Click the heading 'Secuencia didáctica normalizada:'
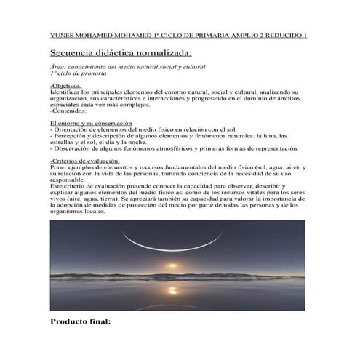[x=121, y=53]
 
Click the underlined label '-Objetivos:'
[x=65, y=87]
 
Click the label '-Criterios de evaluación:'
[x=85, y=160]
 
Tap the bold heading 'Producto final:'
[x=80, y=320]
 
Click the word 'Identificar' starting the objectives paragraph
[x=66, y=93]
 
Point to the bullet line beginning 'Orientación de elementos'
[x=138, y=129]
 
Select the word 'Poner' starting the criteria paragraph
[x=59, y=167]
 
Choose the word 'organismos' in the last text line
[x=71, y=211]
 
